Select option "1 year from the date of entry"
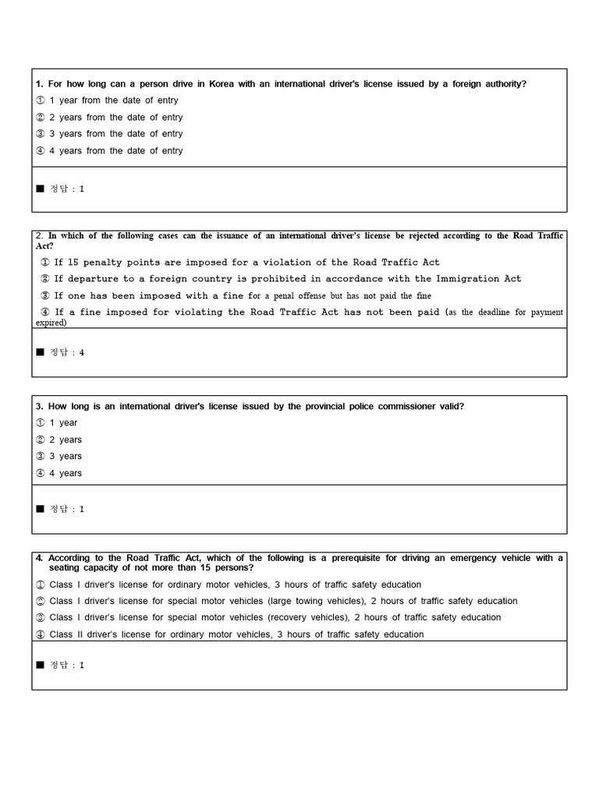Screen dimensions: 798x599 pos(113,101)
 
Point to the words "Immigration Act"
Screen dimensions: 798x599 pos(479,279)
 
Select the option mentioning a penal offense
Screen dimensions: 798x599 pos(242,296)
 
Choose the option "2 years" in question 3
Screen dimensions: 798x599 pos(65,440)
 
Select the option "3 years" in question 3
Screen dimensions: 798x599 pos(65,457)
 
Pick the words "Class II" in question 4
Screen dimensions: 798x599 pos(65,634)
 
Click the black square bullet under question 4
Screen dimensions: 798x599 pos(40,665)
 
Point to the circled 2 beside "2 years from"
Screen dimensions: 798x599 pos(41,118)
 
